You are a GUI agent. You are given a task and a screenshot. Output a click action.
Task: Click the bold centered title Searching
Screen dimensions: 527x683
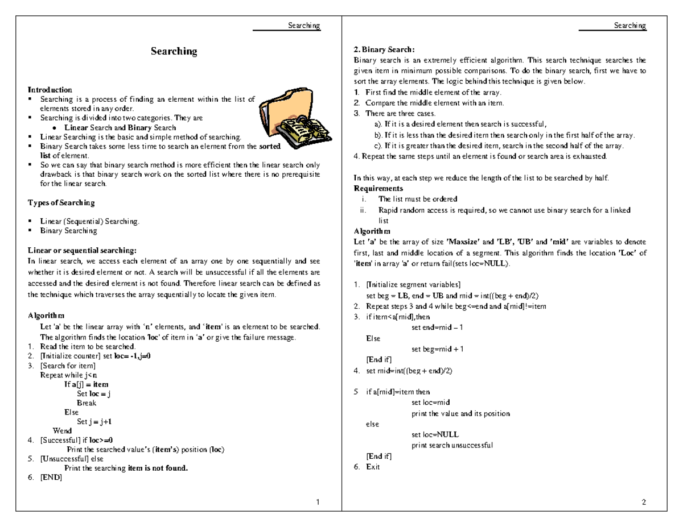(174, 51)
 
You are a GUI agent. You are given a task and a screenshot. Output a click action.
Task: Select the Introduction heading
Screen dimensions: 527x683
(50, 90)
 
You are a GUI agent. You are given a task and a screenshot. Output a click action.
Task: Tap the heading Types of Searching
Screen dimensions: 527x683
(61, 203)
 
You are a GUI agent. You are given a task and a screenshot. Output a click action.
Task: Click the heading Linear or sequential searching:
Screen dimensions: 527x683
(82, 250)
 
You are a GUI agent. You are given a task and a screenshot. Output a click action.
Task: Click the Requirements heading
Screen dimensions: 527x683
(378, 189)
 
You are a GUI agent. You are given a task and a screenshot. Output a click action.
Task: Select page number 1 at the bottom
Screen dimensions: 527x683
(318, 502)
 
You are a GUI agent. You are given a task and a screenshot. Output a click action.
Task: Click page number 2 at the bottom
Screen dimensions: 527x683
(643, 502)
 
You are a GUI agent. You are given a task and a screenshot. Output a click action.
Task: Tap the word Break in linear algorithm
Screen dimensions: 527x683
(87, 403)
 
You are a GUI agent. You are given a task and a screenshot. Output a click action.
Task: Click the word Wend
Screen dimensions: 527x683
(62, 431)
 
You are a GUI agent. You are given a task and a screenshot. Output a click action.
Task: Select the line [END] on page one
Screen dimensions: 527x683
(51, 478)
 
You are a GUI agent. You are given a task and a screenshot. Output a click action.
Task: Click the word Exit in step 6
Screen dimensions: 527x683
(373, 467)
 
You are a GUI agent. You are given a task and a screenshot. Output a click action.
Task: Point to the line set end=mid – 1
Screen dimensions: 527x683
(437, 327)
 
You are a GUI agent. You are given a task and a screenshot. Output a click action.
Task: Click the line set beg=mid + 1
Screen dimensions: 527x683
(437, 349)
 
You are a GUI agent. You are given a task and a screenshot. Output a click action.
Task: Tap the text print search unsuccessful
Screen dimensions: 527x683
(452, 445)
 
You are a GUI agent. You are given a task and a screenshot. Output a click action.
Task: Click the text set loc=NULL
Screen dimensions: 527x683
(435, 434)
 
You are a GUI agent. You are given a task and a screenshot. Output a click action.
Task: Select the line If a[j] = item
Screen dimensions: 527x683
(86, 384)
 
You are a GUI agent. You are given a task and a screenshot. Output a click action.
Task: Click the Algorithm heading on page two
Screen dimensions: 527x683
(372, 231)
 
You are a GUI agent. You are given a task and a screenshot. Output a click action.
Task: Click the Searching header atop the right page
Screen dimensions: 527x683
(629, 26)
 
